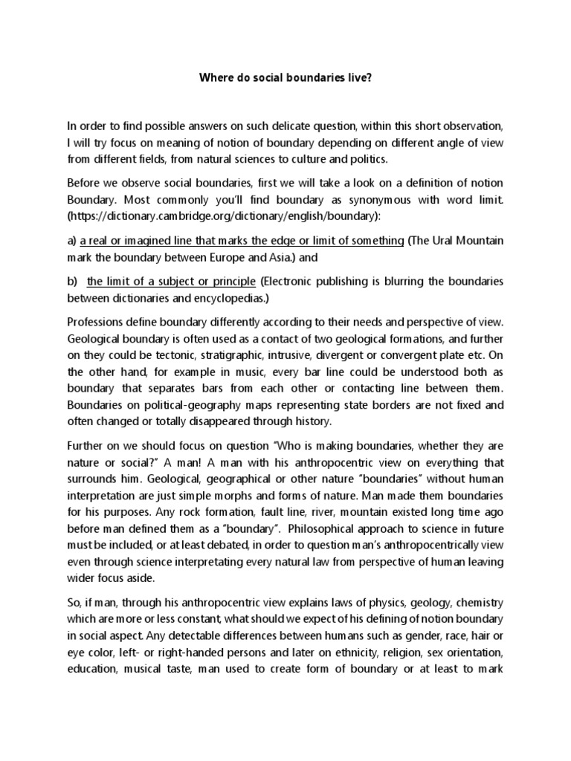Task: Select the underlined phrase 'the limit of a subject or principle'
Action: coord(171,282)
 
